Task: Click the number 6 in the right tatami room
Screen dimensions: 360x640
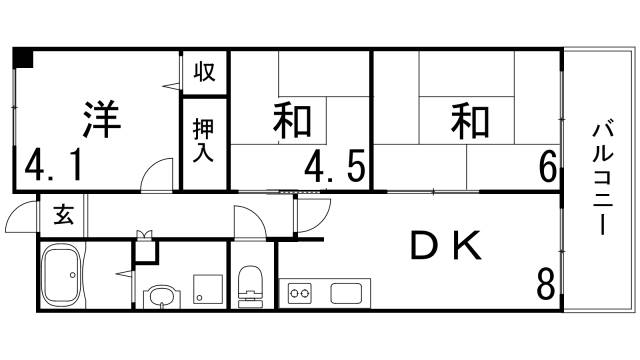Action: click(547, 164)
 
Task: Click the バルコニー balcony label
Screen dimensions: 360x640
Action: click(603, 179)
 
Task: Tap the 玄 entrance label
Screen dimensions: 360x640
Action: click(62, 214)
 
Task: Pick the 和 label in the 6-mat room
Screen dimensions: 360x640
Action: click(467, 120)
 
